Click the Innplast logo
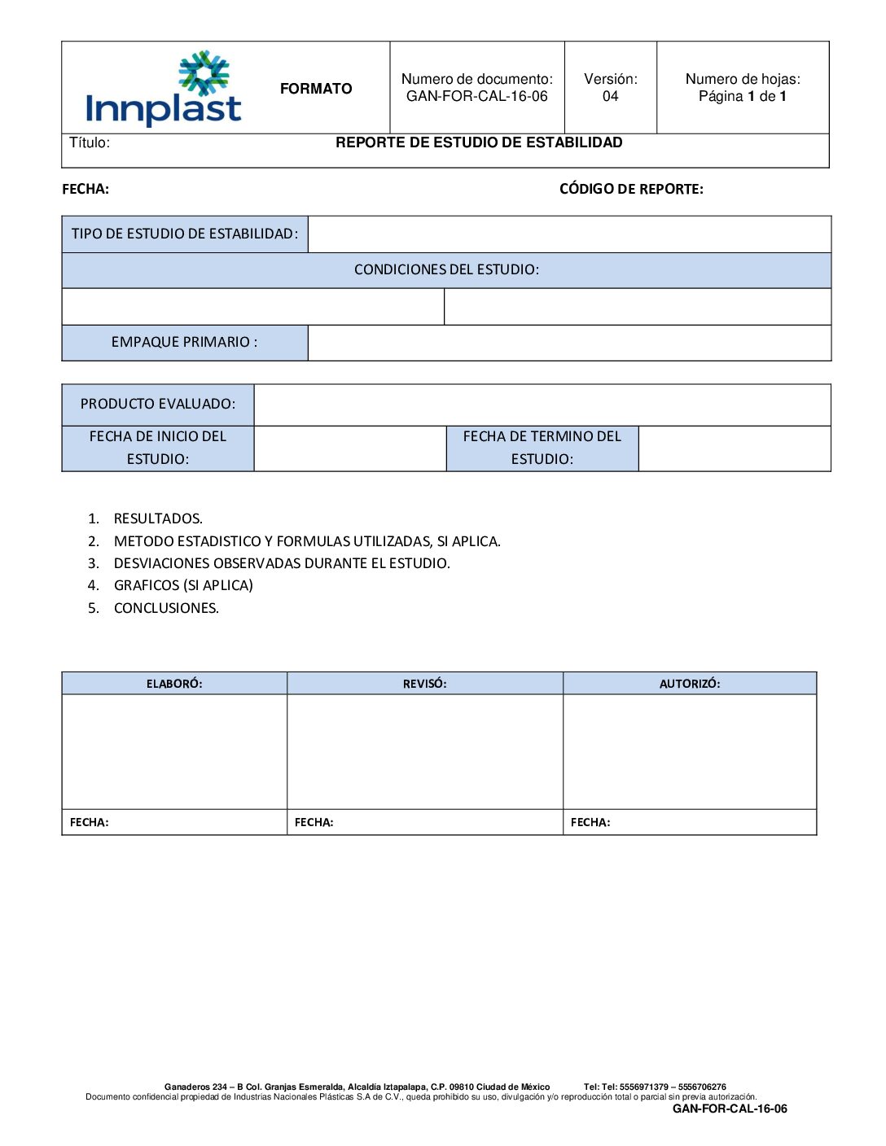coord(164,89)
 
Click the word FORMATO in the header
coord(316,89)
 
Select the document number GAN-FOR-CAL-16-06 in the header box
coord(476,96)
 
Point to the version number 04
coord(610,96)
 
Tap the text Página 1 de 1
coord(742,96)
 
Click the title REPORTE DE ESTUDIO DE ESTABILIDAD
coord(479,142)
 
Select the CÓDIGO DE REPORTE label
coord(631,189)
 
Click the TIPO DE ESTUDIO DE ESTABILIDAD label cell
coord(185,234)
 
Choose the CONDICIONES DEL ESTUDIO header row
coord(446,269)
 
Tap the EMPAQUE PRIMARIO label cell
coord(185,342)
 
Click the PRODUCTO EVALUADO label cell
coord(158,404)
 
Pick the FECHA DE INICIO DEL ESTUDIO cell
coord(158,448)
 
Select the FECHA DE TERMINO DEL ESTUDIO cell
coord(542,448)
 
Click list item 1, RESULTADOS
coord(158,518)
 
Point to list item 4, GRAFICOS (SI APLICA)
coord(183,585)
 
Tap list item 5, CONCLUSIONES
coord(166,608)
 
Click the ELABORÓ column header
coord(174,684)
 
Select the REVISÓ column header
coord(424,684)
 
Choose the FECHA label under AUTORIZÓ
coord(590,822)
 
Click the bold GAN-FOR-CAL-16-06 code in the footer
coord(730,1109)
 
